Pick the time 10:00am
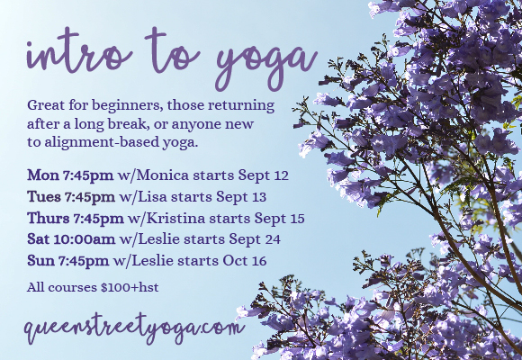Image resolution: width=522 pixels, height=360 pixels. [87, 238]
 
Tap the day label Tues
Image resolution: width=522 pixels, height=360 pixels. [44, 195]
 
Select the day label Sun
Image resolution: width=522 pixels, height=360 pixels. [41, 261]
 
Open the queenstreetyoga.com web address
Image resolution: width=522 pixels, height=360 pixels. [135, 328]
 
